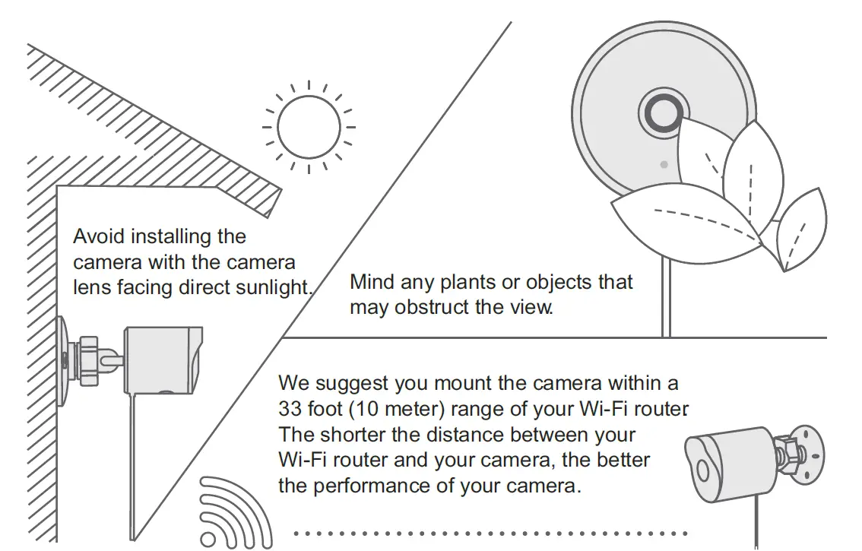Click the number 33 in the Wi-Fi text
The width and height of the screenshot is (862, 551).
(291, 409)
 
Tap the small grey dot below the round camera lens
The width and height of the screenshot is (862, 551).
(664, 164)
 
